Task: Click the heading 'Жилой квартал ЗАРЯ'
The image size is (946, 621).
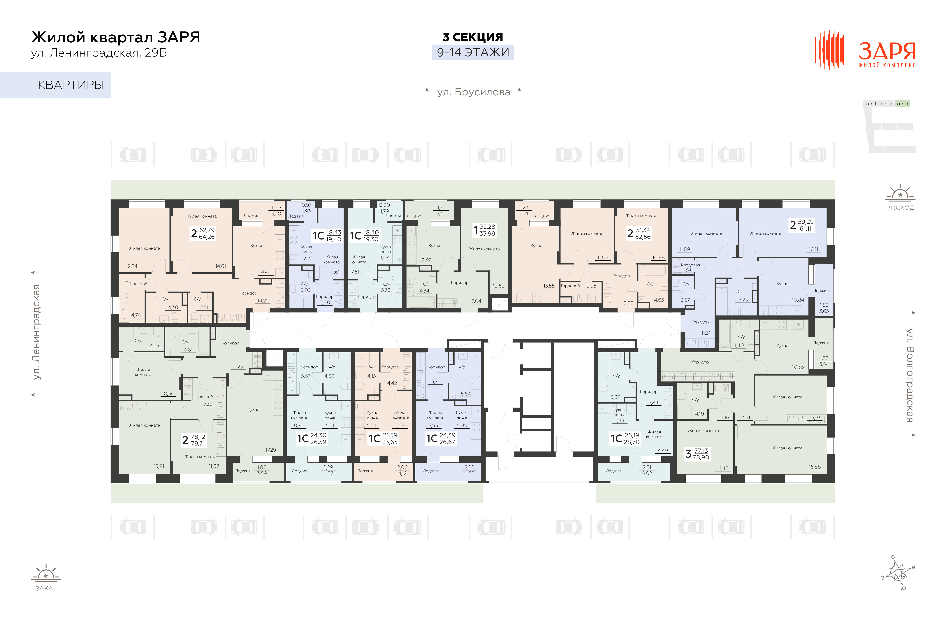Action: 116,37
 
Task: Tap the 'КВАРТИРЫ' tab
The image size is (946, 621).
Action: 71,85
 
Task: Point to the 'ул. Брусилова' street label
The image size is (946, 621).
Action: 473,92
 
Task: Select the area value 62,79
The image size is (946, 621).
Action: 207,230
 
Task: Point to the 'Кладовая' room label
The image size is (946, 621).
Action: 690,265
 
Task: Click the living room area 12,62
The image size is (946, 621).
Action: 498,286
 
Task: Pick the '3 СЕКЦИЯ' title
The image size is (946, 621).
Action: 473,37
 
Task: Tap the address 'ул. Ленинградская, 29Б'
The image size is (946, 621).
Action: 99,53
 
